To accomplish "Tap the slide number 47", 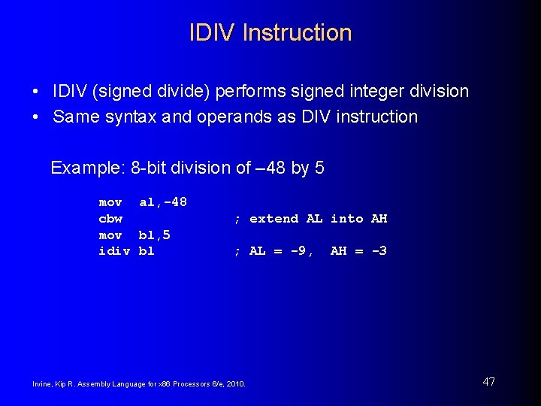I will [x=488, y=382].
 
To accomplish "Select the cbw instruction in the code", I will [x=110, y=219].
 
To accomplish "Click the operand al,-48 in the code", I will [x=163, y=202].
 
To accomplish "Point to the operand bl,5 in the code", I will [x=155, y=235].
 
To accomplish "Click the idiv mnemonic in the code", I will [x=114, y=251].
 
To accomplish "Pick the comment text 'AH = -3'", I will [x=358, y=251].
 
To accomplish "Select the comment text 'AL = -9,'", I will [x=280, y=251].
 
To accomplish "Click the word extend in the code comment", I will [x=274, y=219].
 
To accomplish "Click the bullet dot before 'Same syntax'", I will [x=36, y=117].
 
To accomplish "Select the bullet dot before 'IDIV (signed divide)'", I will [x=36, y=92].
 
